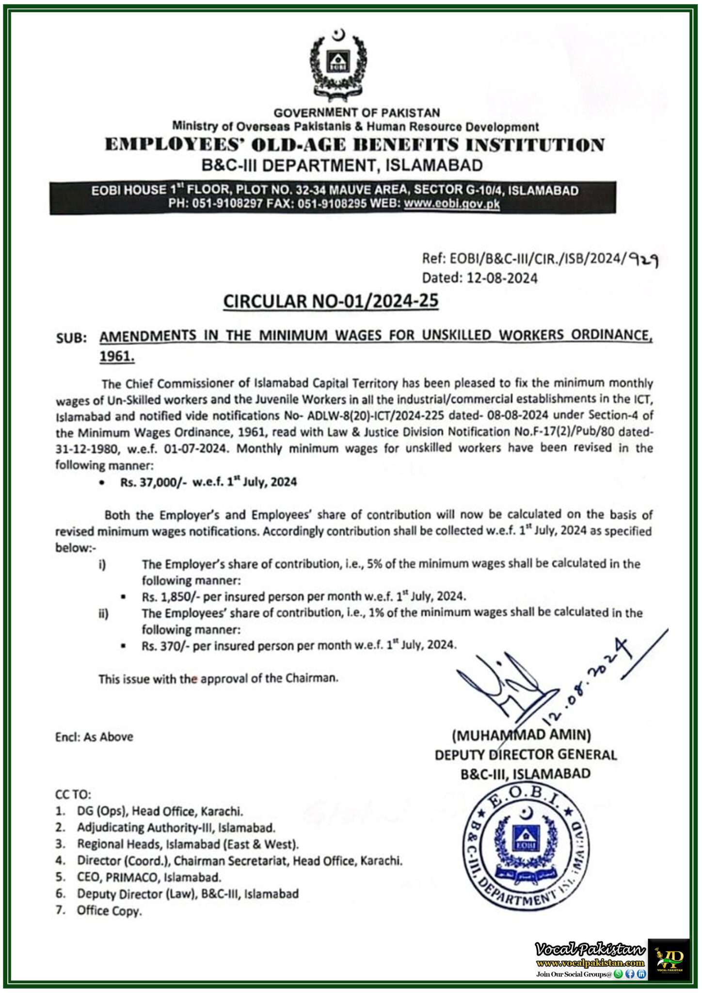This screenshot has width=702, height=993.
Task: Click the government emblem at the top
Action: click(x=338, y=65)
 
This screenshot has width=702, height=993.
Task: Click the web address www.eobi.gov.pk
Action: click(x=451, y=204)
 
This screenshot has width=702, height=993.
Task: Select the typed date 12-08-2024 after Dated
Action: click(x=502, y=278)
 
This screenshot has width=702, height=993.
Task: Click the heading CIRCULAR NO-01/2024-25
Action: click(x=331, y=302)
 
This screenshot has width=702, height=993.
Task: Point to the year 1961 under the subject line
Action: click(x=116, y=356)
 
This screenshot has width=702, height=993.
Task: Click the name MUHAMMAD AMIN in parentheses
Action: click(x=521, y=735)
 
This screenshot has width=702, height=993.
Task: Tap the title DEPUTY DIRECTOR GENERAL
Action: click(x=526, y=754)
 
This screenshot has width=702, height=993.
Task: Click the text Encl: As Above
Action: click(x=94, y=737)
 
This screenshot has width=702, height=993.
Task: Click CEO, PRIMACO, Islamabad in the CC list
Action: click(x=149, y=877)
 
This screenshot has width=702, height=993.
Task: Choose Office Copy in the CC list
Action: click(x=109, y=911)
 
